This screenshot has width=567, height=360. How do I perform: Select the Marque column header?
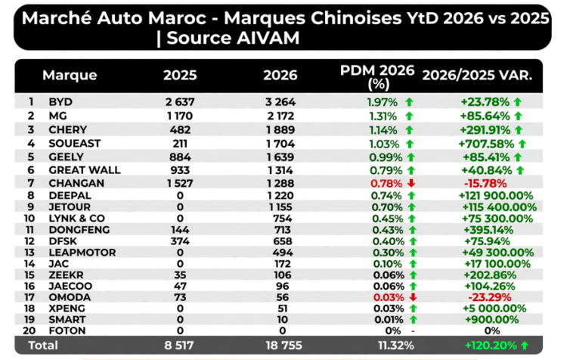point(70,76)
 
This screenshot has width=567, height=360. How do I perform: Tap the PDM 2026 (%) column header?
point(377,76)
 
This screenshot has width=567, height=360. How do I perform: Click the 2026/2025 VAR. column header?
point(477,76)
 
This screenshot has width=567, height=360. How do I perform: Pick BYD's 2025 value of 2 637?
point(180,102)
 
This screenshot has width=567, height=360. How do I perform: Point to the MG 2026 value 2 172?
point(280,116)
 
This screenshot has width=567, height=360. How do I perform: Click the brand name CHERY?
point(68,129)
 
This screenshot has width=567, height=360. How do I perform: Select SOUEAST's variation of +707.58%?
point(486,144)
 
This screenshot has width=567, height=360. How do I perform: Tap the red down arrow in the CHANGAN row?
point(411,184)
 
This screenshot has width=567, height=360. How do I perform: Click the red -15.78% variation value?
point(485,184)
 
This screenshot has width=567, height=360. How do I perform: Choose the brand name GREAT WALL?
point(85,170)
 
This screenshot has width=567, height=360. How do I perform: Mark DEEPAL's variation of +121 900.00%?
point(496,196)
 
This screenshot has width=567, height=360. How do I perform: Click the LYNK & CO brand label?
point(76,219)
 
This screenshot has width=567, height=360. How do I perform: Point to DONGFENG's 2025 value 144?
point(180,230)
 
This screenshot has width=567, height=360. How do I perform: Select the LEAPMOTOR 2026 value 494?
point(283,253)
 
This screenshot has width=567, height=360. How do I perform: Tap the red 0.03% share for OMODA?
point(389,297)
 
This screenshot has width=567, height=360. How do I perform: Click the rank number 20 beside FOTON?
point(29,331)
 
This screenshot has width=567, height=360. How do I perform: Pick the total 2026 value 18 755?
point(283,346)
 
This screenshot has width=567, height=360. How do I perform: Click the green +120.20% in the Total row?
point(491,346)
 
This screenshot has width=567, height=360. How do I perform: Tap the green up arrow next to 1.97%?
point(409,102)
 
